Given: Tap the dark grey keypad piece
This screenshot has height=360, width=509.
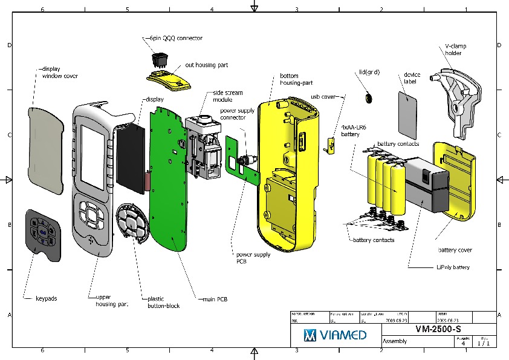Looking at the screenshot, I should (43, 235).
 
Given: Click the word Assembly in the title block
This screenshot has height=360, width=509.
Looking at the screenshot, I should (395, 341).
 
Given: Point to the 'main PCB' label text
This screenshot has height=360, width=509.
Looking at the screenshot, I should (215, 298).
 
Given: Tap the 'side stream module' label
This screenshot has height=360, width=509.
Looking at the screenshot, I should (228, 96).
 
